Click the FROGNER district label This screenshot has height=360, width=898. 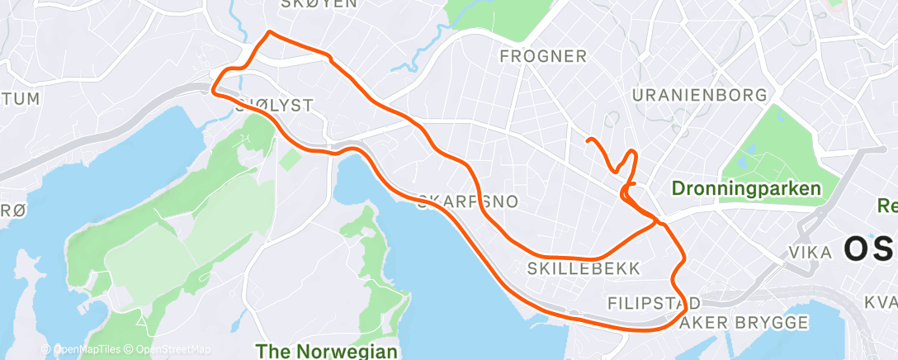(544, 57)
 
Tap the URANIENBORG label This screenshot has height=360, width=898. (698, 96)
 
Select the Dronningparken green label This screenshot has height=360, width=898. (746, 188)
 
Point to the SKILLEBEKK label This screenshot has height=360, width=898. (570, 268)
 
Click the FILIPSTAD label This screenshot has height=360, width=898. (654, 302)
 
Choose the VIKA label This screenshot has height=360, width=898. (811, 252)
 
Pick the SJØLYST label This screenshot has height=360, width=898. (274, 105)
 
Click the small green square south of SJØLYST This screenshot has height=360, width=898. (291, 159)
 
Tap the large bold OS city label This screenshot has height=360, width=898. (870, 247)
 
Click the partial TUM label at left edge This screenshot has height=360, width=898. (20, 99)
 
